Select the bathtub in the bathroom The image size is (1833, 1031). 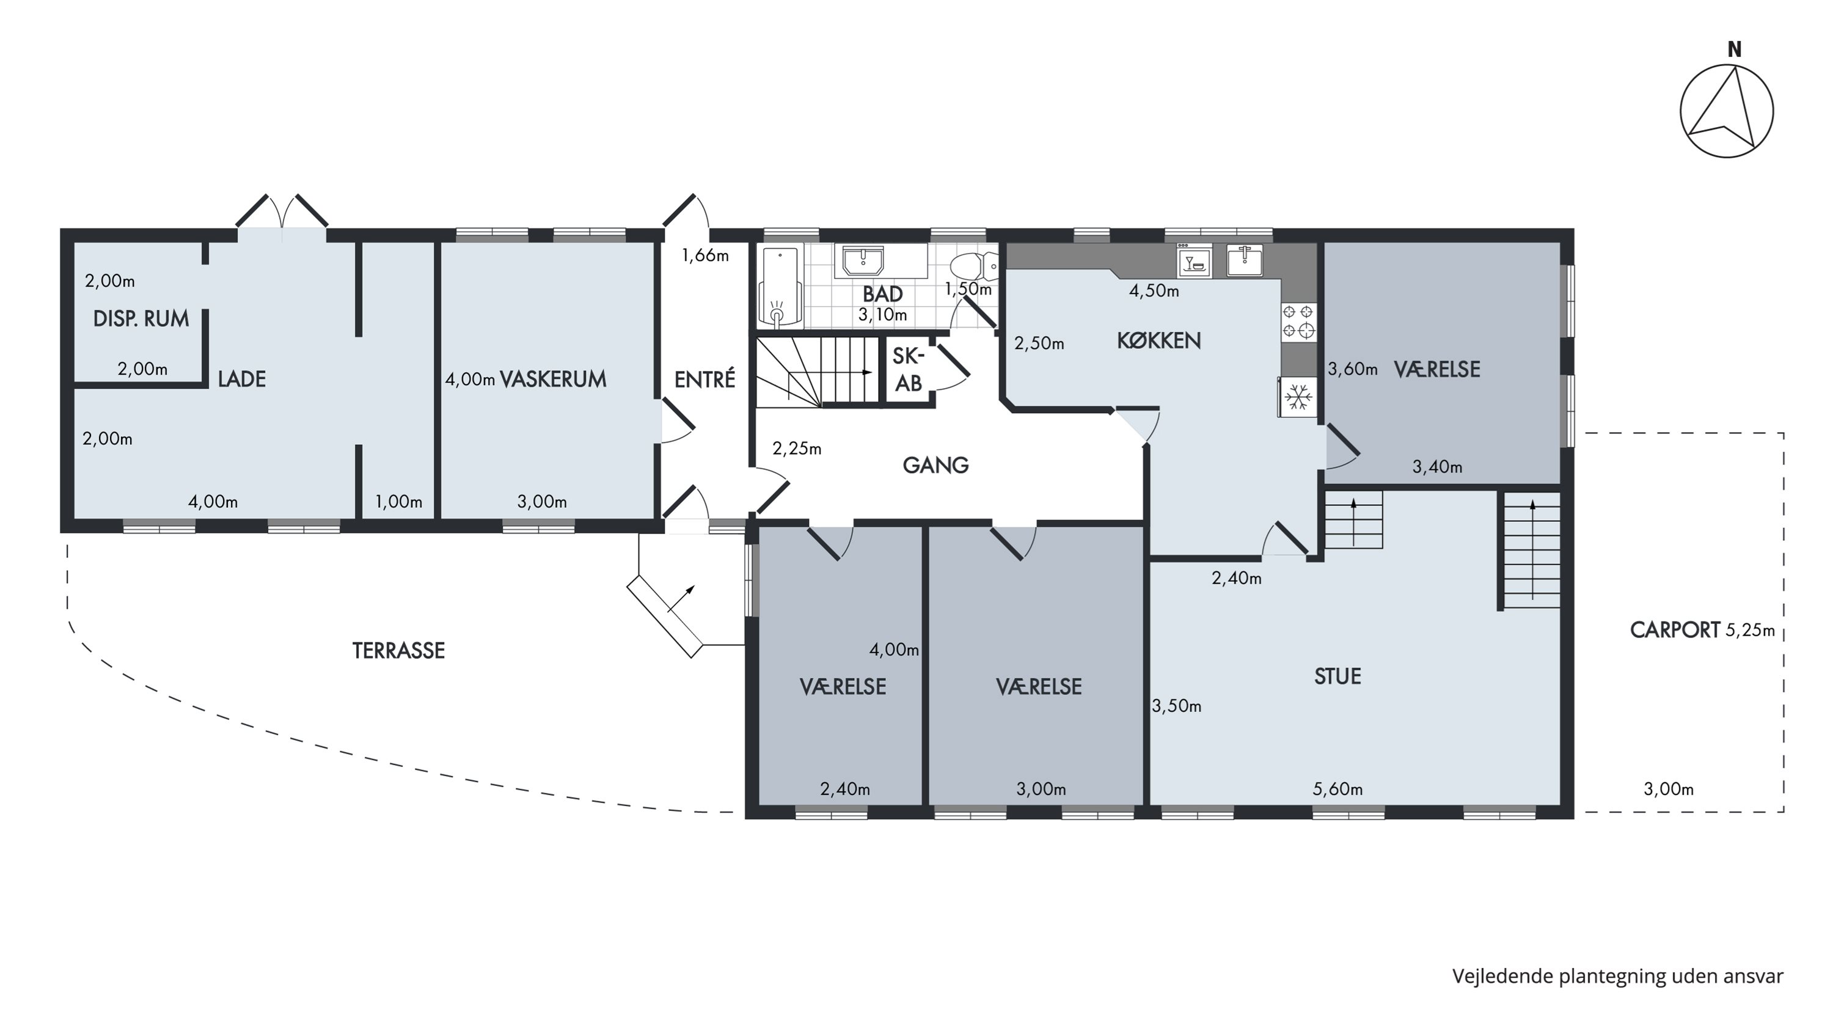point(781,287)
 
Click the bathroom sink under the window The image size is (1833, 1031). point(863,261)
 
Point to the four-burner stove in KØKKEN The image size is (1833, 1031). point(1298,321)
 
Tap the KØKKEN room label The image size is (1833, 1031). point(1158,341)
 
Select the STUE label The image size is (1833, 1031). point(1337,676)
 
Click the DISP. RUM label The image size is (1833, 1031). point(141,319)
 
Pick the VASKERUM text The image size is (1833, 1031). point(553,380)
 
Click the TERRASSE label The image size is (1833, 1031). point(398,650)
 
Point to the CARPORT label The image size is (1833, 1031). point(1675,631)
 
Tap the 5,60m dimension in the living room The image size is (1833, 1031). point(1337,789)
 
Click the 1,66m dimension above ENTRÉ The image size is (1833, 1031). point(705,255)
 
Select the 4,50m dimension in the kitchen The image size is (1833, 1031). point(1154,291)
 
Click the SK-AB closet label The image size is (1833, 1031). point(908,369)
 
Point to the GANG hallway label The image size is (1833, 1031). point(935,465)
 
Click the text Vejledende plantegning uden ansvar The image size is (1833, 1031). point(1617,976)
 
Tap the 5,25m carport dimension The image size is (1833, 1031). point(1751,631)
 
